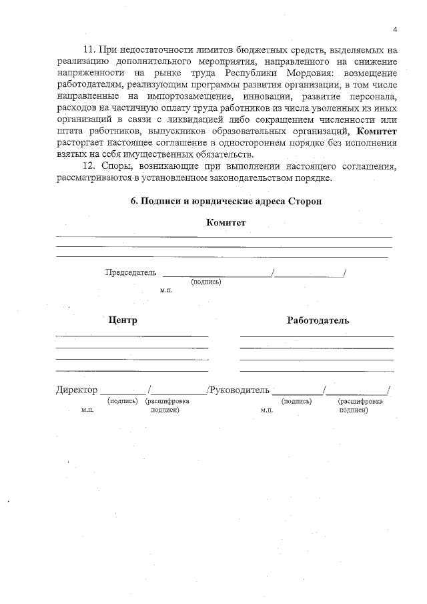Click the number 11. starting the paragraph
point(87,49)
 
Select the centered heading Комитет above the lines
point(226,222)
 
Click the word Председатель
point(131,272)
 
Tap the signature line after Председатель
point(217,274)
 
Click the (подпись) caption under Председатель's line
point(206,282)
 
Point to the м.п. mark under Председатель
point(166,291)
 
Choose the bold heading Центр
point(123,320)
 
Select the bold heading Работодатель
point(318,320)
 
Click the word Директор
point(76,390)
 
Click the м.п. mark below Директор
point(87,410)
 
